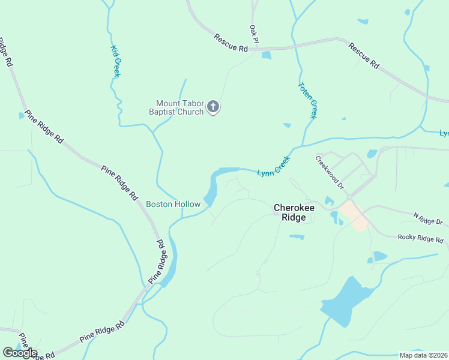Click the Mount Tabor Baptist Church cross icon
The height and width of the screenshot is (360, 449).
click(x=212, y=107)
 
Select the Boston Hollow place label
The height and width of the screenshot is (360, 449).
click(x=173, y=205)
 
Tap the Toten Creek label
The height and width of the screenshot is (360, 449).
click(x=307, y=100)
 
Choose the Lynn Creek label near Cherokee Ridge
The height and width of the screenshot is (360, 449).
click(x=274, y=167)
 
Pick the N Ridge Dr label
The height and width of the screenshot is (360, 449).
click(x=427, y=218)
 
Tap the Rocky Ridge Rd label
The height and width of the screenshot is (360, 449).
click(x=420, y=238)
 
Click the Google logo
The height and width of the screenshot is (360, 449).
click(x=20, y=353)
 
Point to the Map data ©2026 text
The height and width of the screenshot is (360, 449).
click(x=423, y=355)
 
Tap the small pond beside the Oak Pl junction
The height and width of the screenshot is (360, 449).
click(x=266, y=56)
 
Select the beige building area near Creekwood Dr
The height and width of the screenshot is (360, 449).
click(x=354, y=215)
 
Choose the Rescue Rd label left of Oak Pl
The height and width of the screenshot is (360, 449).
click(x=231, y=43)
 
